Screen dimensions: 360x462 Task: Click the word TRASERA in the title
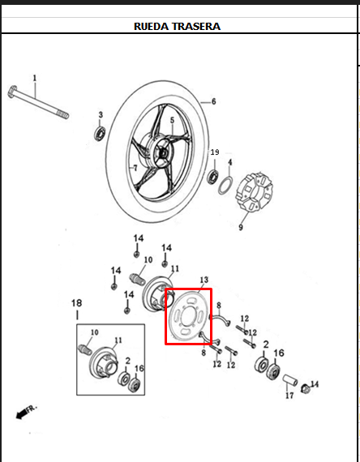195,27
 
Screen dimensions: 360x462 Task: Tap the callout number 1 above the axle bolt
35,78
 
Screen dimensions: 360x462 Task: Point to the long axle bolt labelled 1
38,102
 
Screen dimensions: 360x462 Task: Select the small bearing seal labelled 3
101,134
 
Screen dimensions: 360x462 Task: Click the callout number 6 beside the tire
214,101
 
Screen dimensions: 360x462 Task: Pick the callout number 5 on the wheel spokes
172,120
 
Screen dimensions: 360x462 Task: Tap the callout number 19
215,152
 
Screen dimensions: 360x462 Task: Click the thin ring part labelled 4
226,186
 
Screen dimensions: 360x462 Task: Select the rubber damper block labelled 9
255,192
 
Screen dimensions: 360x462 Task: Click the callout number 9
241,228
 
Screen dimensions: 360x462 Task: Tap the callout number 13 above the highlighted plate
204,280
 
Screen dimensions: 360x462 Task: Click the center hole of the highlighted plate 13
188,317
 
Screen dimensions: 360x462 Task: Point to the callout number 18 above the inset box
77,303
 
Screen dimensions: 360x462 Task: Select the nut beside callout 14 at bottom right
305,389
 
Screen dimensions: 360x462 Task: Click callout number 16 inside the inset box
139,368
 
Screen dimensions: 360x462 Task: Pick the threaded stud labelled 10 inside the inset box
84,349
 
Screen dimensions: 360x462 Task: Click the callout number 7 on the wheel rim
135,168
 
